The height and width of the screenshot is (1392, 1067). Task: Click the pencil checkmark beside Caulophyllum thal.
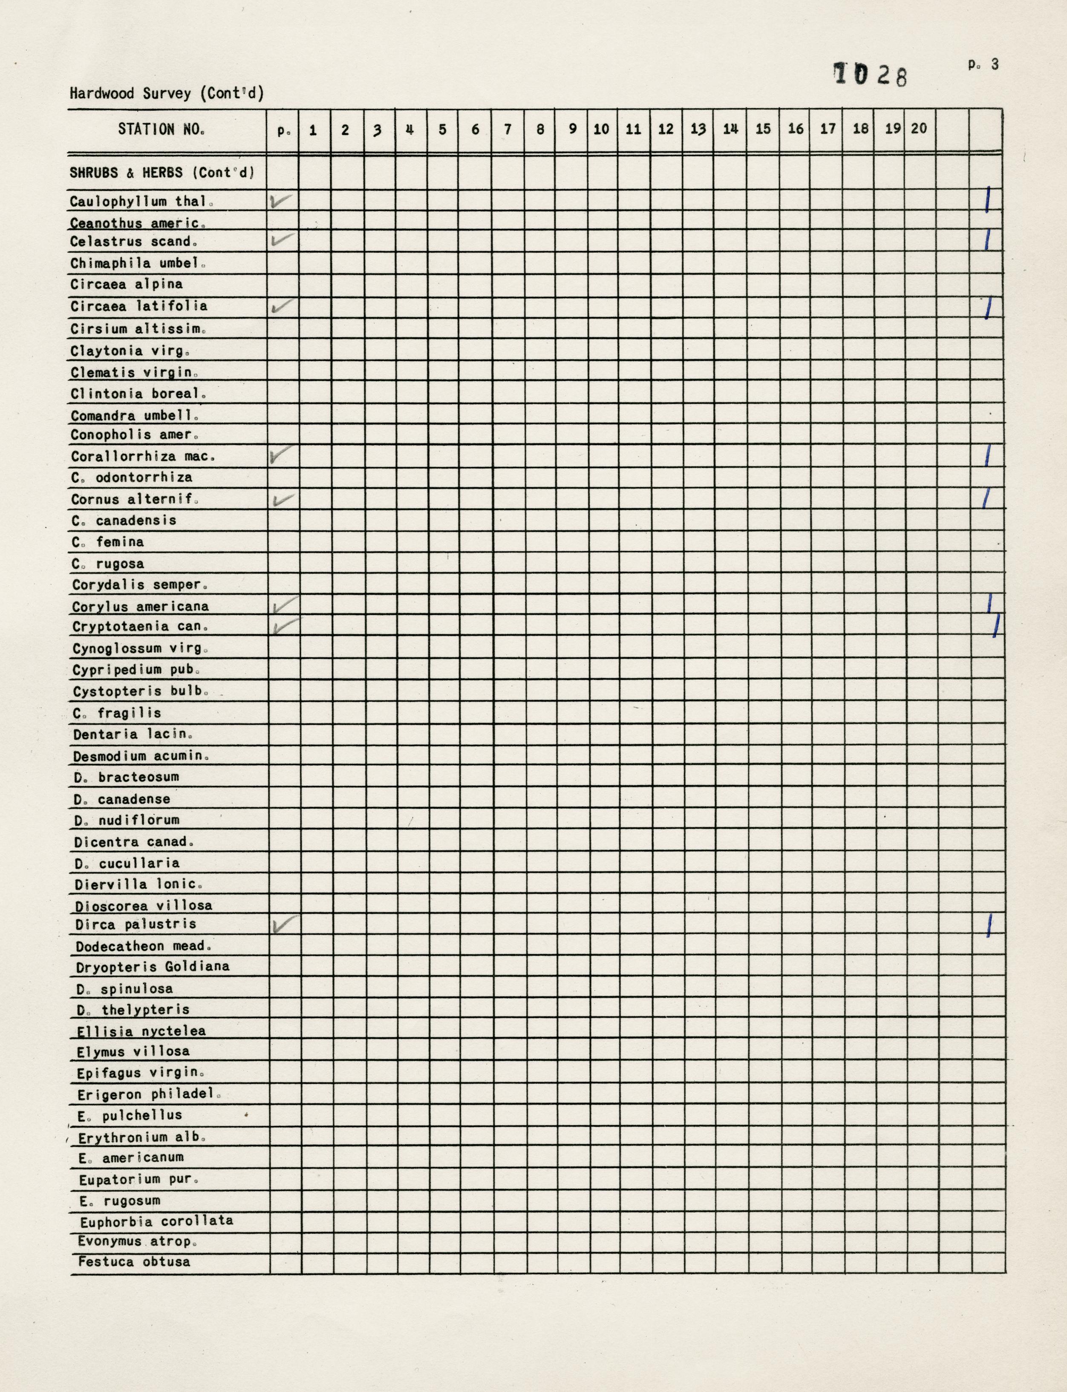pyautogui.click(x=281, y=201)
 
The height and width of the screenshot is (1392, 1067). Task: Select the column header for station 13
pyautogui.click(x=698, y=129)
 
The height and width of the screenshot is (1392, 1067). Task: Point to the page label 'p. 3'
pyautogui.click(x=983, y=64)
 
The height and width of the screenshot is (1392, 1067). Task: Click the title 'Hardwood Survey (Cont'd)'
pyautogui.click(x=167, y=93)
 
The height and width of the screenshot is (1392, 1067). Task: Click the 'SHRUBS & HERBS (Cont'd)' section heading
pyautogui.click(x=162, y=173)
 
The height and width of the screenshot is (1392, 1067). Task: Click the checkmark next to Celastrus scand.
pyautogui.click(x=283, y=240)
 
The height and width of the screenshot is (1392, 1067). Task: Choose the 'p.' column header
pyautogui.click(x=283, y=130)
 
